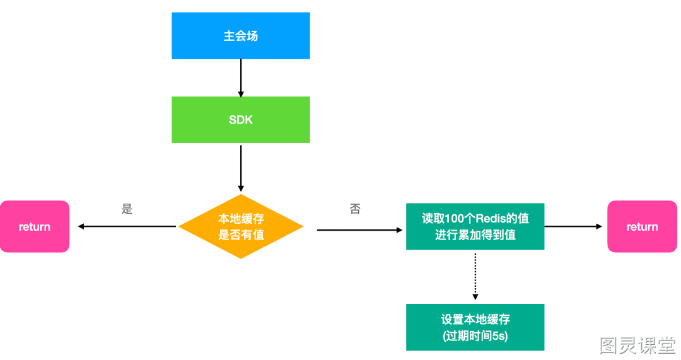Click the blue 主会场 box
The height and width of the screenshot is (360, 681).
[241, 35]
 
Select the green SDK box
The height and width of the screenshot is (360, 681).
[241, 120]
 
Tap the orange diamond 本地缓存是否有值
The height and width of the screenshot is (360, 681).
[241, 226]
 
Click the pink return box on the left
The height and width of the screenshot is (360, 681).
[34, 226]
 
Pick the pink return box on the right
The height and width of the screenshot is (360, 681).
[642, 226]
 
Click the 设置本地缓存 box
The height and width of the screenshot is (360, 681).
[475, 327]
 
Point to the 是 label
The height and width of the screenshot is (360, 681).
[127, 209]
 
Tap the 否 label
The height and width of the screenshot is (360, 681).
[355, 209]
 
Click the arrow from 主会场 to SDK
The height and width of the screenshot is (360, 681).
[241, 78]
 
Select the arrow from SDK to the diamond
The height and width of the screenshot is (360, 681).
[241, 168]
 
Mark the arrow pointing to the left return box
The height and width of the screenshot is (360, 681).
[127, 226]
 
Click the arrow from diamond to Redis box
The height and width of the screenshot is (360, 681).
[359, 229]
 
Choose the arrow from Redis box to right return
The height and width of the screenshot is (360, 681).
[573, 226]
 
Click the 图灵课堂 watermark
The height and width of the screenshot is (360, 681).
[637, 345]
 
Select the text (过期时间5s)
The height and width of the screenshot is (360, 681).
[475, 335]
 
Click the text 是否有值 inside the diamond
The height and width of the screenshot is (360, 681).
[241, 235]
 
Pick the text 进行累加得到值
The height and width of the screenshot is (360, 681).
[475, 235]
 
